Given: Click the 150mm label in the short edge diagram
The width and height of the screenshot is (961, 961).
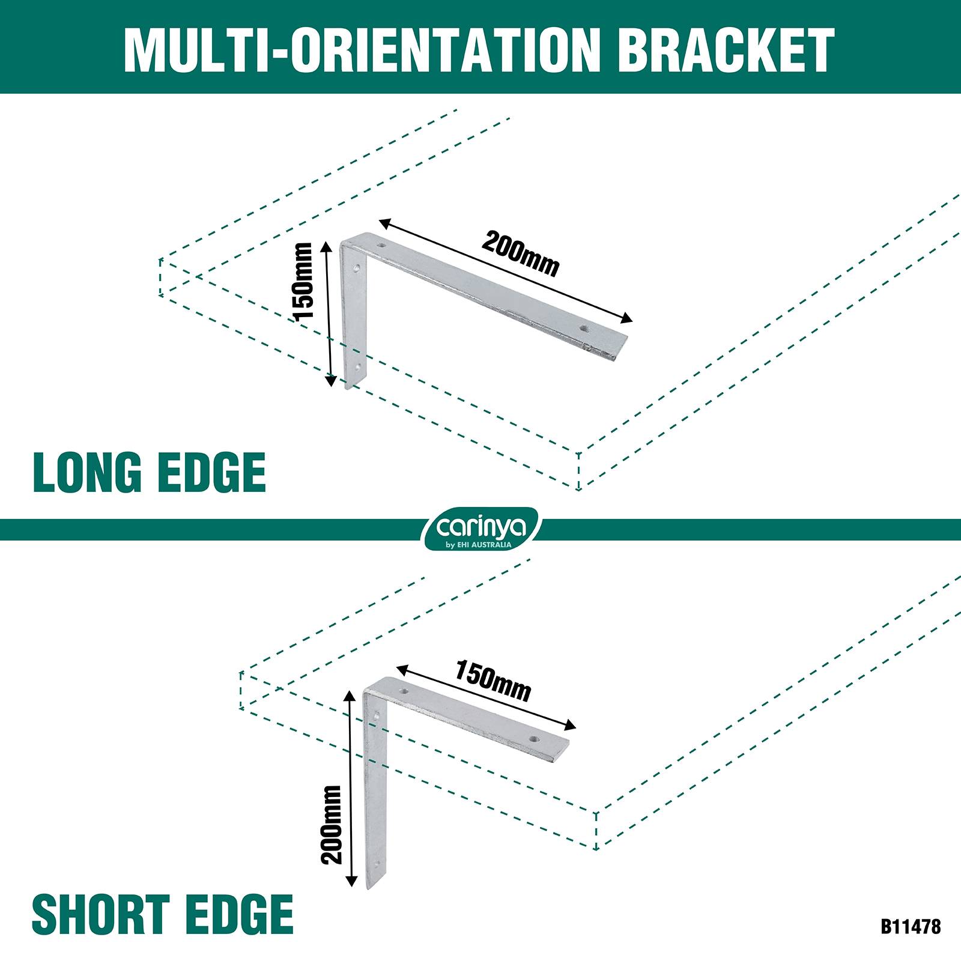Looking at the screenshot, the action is pyautogui.click(x=493, y=681).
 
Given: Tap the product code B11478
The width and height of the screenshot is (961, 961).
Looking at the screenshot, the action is pyautogui.click(x=911, y=926).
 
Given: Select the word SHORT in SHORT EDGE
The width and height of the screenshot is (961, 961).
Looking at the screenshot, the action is pyautogui.click(x=101, y=914).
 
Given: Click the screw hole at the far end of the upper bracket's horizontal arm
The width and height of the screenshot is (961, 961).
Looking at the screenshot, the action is pyautogui.click(x=584, y=329).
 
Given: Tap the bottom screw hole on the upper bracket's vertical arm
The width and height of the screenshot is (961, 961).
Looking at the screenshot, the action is pyautogui.click(x=358, y=365).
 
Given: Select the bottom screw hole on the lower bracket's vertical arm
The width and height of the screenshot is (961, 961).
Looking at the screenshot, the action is pyautogui.click(x=377, y=865).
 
